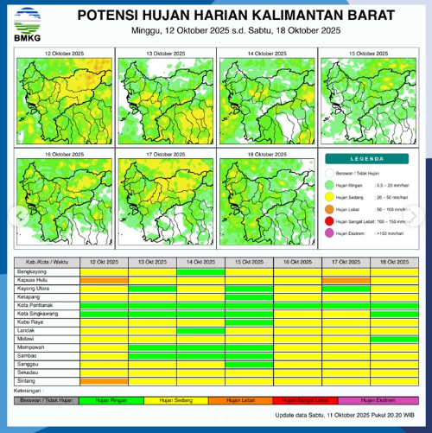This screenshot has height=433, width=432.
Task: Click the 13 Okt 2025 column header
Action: (x=152, y=262)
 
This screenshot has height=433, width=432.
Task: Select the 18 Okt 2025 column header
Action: (x=395, y=262)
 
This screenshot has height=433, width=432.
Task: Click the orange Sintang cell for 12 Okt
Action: (x=104, y=380)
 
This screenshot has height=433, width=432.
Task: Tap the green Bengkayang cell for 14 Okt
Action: (x=200, y=271)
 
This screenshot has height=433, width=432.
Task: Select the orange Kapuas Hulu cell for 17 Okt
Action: (x=346, y=279)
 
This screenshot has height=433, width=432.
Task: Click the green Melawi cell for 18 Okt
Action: (x=395, y=339)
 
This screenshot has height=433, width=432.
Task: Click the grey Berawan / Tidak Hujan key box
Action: (x=42, y=400)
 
